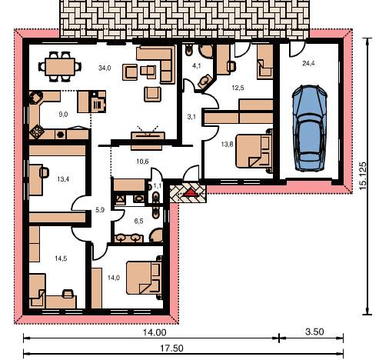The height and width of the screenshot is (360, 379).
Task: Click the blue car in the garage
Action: (x=310, y=128)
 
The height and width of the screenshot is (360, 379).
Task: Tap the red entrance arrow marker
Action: (x=190, y=193)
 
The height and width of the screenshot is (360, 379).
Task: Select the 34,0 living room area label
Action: (x=105, y=68)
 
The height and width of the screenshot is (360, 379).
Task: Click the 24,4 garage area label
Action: (x=308, y=63)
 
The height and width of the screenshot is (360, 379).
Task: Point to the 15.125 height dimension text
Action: (x=363, y=176)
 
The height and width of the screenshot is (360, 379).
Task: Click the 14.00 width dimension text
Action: (x=155, y=332)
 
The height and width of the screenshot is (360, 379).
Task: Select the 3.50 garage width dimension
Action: (x=314, y=332)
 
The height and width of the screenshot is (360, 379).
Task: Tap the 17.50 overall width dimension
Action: (x=171, y=348)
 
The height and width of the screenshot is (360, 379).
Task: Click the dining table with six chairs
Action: (x=60, y=67)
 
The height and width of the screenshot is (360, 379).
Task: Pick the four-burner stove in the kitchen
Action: (x=35, y=132)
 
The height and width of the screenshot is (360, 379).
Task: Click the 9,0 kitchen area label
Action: (x=63, y=115)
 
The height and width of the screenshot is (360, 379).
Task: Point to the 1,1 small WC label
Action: (x=157, y=186)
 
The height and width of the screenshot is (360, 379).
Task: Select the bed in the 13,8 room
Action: (x=254, y=151)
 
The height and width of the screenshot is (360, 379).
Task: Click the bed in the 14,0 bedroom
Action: (x=145, y=278)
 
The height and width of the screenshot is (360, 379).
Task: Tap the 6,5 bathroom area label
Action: (x=138, y=221)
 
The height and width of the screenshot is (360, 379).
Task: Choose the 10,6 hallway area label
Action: (x=142, y=162)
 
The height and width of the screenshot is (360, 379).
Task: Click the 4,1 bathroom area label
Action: (x=197, y=66)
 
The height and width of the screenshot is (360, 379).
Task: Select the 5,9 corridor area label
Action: (x=100, y=210)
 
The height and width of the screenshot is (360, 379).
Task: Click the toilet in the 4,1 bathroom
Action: (x=189, y=50)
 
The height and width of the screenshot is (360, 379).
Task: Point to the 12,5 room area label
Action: (x=238, y=88)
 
